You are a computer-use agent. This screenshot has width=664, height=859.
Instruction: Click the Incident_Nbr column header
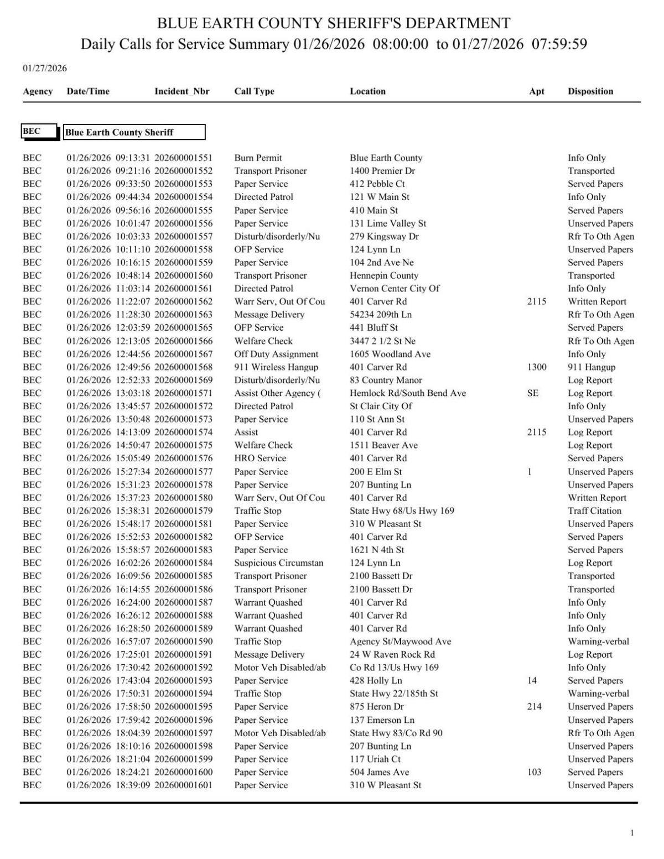click(x=181, y=91)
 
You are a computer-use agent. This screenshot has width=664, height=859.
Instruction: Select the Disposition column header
click(x=590, y=91)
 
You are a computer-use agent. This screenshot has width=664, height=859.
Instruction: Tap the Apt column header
click(x=536, y=91)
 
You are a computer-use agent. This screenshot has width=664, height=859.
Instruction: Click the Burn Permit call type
click(x=258, y=158)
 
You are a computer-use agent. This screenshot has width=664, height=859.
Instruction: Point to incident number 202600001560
click(x=183, y=275)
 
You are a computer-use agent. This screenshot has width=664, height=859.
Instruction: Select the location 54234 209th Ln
click(x=381, y=315)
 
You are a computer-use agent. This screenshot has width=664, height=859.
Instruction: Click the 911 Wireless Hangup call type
click(x=276, y=367)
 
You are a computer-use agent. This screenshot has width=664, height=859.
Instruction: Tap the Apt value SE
click(x=532, y=393)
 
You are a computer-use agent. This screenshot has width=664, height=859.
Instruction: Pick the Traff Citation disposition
click(x=594, y=511)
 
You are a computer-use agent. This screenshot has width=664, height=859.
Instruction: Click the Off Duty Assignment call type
click(x=276, y=354)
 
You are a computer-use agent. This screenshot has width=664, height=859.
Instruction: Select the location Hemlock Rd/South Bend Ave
click(x=407, y=393)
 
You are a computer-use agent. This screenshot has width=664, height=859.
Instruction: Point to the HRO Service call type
click(x=260, y=458)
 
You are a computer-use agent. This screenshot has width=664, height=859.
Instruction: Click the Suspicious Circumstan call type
click(x=278, y=563)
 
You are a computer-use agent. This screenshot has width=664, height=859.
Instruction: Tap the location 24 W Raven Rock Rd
click(x=392, y=654)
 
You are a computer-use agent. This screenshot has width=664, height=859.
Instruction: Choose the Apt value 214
click(x=534, y=706)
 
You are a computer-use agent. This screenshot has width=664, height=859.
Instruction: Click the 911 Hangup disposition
click(x=591, y=367)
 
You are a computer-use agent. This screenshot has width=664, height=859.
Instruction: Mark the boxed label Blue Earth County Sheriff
click(x=134, y=132)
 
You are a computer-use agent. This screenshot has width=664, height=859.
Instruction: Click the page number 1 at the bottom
click(x=632, y=833)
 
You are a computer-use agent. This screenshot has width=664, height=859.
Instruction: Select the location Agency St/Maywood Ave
click(x=400, y=642)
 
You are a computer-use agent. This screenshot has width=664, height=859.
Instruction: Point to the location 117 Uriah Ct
click(x=375, y=759)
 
